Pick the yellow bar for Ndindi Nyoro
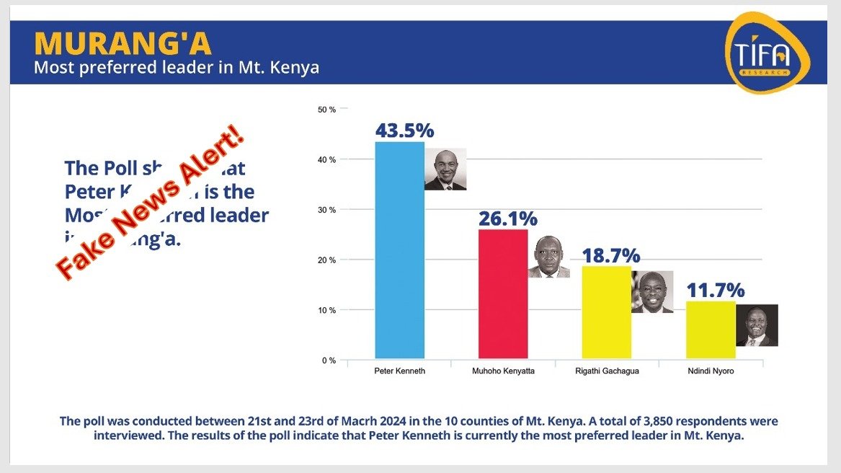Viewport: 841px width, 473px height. coord(710,330)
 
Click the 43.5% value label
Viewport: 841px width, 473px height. coord(404,131)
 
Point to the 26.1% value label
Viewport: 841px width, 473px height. coord(508,218)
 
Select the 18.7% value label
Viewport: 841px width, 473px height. coord(611,255)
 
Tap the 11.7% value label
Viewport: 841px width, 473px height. coord(715,291)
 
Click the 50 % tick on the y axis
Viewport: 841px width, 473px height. coord(326,110)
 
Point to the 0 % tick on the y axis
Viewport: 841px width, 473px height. coord(329,361)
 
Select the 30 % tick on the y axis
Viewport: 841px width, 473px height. coord(326,210)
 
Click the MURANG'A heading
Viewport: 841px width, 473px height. coord(123,44)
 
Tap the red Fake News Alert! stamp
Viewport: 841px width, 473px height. coord(151,203)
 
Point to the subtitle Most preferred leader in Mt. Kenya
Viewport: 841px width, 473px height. coord(177,68)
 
